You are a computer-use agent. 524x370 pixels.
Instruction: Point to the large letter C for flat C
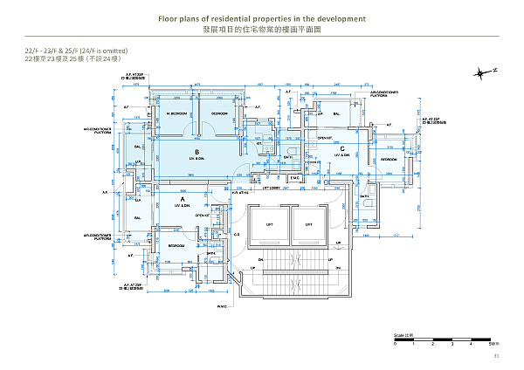pos(342,148)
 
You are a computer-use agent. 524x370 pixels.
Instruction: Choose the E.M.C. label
pos(294,178)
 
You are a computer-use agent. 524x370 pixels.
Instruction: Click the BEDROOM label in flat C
pos(389,160)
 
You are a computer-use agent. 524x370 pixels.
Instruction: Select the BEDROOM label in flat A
pos(176,246)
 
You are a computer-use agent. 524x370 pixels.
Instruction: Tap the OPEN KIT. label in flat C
pos(323,138)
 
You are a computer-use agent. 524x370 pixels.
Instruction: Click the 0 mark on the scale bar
pos(396,346)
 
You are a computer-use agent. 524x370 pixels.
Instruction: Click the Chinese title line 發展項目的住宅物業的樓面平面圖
pos(262,29)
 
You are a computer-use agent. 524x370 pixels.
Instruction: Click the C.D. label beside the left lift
pos(237,235)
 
